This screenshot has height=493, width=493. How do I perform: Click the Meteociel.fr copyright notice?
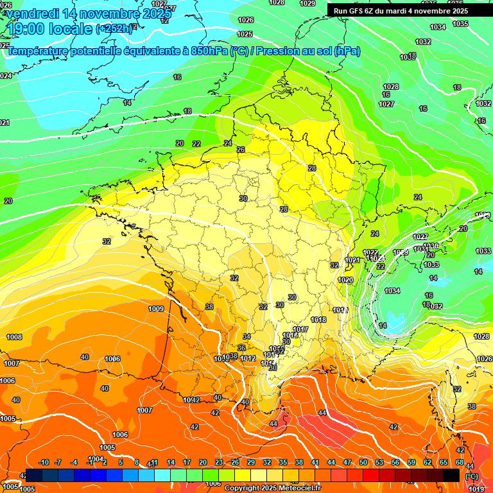click(272, 488)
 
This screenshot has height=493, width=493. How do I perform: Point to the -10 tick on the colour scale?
click(44, 462)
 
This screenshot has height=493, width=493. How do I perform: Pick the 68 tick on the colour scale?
click(460, 462)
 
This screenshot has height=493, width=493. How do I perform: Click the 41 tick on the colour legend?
click(315, 462)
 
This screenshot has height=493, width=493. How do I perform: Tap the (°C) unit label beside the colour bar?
click(472, 476)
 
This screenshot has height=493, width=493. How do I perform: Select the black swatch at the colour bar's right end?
click(451, 475)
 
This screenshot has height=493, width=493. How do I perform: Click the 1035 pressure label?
click(460, 24)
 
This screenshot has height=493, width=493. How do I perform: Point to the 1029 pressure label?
click(307, 3)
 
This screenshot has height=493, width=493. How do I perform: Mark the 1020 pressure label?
click(345, 281)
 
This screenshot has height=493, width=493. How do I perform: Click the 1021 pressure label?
click(352, 260)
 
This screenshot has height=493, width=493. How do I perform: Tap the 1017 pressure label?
click(300, 329)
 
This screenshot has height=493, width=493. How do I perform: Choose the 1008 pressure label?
click(14, 337)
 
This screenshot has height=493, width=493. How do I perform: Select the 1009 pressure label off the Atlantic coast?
click(156, 309)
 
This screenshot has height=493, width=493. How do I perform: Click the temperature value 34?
click(246, 336)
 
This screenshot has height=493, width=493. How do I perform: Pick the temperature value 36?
click(241, 348)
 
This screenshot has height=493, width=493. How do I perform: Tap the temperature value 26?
click(241, 150)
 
